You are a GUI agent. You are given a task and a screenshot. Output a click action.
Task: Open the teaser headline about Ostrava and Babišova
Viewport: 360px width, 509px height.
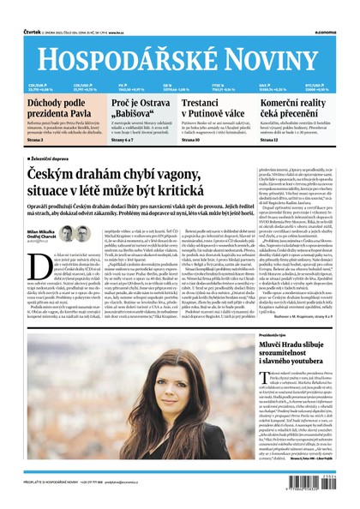137,107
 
